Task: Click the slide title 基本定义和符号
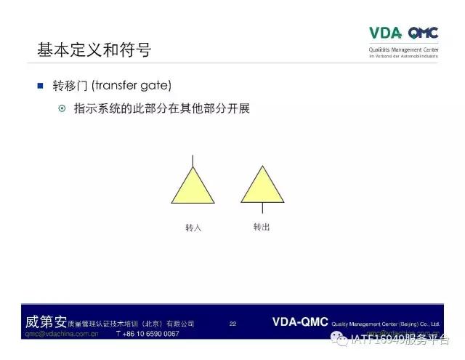(x=94, y=50)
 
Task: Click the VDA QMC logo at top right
(x=404, y=33)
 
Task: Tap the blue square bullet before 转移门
(x=41, y=86)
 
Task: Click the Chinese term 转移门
(x=70, y=86)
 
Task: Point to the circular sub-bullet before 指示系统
(x=62, y=108)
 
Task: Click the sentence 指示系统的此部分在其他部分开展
(x=161, y=108)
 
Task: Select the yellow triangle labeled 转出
(x=262, y=187)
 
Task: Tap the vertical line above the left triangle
(x=193, y=161)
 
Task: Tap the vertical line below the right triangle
(x=262, y=208)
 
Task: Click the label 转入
(x=193, y=228)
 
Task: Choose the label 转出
(x=262, y=227)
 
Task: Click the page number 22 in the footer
(x=232, y=323)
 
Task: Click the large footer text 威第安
(x=45, y=321)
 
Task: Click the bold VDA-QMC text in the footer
(x=300, y=321)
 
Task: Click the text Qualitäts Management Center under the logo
(x=404, y=49)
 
